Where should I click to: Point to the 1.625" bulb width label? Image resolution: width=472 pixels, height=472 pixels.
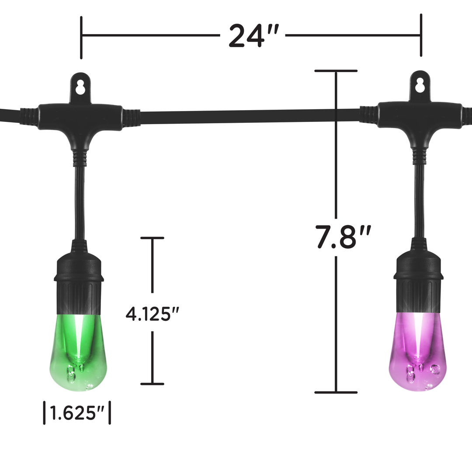(76, 413)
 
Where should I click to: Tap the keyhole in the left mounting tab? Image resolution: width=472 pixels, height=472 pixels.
(80, 87)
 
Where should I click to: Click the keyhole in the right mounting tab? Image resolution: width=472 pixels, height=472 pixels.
(420, 85)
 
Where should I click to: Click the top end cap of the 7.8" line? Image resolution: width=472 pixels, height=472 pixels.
(336, 70)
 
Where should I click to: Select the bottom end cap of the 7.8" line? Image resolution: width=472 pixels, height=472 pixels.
(336, 392)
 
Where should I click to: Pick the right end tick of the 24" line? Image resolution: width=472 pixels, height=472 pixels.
(421, 35)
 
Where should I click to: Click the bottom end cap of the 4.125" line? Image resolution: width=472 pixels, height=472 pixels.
(152, 384)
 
